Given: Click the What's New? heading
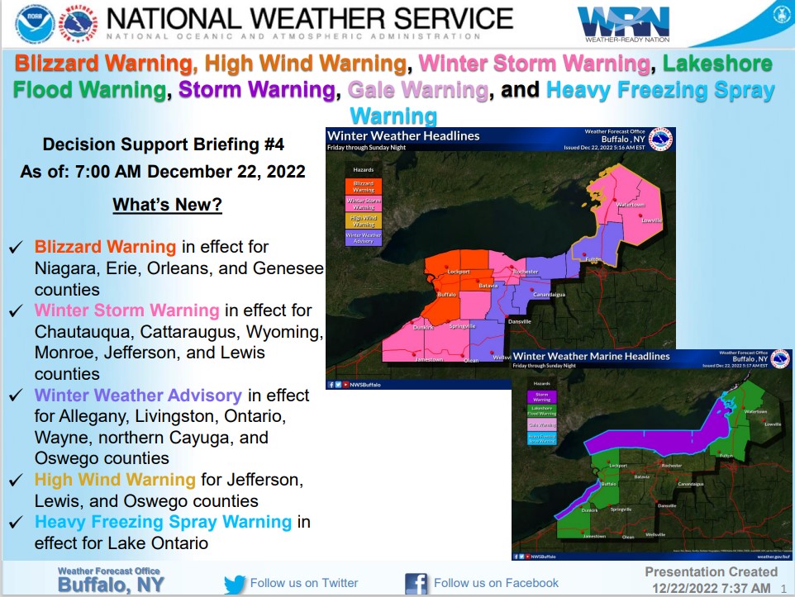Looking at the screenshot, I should point(167,205).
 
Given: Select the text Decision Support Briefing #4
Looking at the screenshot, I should point(163,145).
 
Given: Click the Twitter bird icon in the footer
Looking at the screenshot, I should point(235,584).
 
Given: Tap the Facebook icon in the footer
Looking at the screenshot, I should point(416,584).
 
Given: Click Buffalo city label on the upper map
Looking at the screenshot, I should point(446,294).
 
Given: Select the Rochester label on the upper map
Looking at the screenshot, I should point(525,272).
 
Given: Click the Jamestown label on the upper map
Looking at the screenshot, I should point(428,359).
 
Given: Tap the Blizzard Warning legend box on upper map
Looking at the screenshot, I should point(363,187).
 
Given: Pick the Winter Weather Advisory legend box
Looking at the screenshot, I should point(363,238).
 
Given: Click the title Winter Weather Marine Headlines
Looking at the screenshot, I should point(591,356).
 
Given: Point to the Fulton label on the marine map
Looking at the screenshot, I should point(726,456).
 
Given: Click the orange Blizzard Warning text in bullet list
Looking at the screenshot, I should point(105,246).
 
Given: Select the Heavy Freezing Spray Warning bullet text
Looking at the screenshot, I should point(163,522).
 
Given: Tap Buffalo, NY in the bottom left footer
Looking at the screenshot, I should point(111,585).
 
